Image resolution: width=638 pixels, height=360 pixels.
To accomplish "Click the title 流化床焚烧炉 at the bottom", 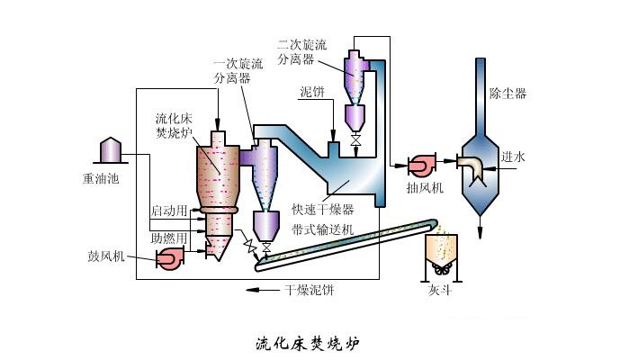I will (x=311, y=342).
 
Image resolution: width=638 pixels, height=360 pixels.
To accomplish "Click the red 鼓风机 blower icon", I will (x=169, y=258).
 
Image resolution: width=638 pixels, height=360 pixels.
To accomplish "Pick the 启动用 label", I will (x=168, y=211).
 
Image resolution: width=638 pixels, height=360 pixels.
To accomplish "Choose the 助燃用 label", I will (x=168, y=238).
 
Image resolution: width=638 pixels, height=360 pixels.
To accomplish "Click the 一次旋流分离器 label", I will (x=238, y=71).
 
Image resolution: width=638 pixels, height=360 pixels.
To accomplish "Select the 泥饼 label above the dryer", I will (x=314, y=93).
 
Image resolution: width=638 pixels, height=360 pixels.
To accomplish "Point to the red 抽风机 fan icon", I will (x=420, y=166).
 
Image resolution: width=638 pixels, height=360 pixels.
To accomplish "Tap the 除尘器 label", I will (x=508, y=93).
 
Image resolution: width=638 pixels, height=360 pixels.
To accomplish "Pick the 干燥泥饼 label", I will (x=310, y=290).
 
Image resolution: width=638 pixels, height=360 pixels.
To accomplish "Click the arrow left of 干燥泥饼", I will (x=263, y=290).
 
